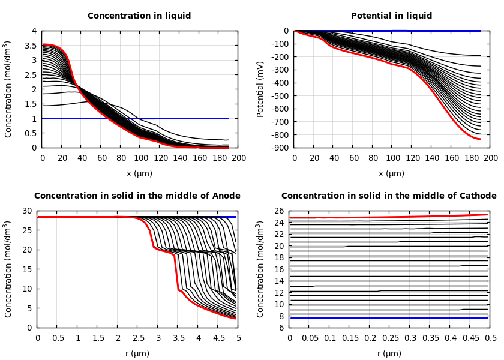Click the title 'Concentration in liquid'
coord(139,16)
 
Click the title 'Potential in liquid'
coord(391,16)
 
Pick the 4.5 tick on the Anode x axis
coord(218,338)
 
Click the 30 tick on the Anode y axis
coord(27,211)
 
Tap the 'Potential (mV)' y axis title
coord(260,89)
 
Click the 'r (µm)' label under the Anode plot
coord(137,353)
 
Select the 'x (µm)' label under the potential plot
coord(391,173)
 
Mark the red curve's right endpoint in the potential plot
coord(480,139)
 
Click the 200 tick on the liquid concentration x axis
coord(239,158)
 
